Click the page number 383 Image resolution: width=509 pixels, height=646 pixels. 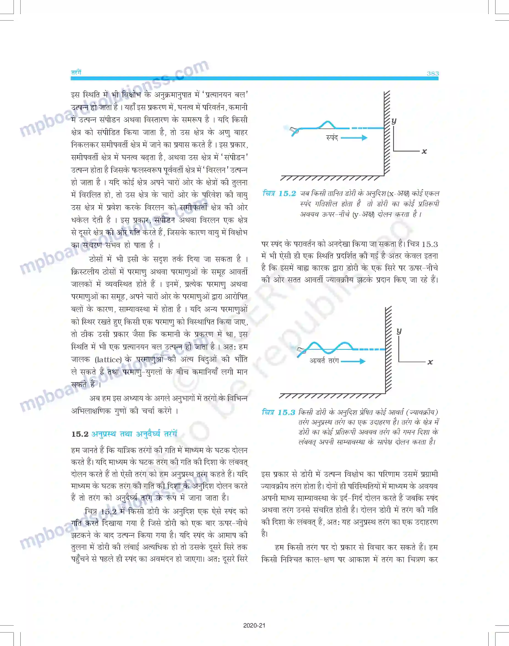(x=432, y=73)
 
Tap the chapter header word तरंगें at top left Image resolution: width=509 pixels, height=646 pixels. (x=76, y=72)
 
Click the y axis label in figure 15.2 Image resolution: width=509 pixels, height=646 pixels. (x=394, y=120)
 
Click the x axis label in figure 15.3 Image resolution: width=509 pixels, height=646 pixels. (x=430, y=362)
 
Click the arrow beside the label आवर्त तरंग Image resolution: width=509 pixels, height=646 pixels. (x=353, y=361)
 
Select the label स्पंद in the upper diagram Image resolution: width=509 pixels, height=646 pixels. (x=332, y=138)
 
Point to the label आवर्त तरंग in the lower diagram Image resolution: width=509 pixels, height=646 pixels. (x=324, y=361)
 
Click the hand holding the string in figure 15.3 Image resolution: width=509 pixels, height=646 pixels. (x=301, y=351)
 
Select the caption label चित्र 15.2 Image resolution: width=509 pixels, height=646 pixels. (x=279, y=194)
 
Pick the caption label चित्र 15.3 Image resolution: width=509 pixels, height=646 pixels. (x=278, y=412)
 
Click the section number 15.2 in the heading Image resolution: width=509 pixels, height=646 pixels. (x=80, y=434)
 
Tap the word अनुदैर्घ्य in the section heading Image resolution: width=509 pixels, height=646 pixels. (x=148, y=434)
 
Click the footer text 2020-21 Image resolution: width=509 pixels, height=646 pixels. (x=254, y=625)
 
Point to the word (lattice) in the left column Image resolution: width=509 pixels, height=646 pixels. (x=108, y=360)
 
